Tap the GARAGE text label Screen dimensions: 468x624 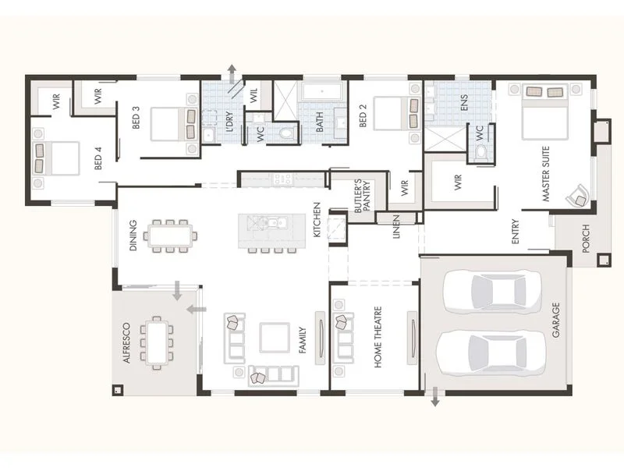[x=556, y=321]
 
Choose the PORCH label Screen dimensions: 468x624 [x=586, y=239]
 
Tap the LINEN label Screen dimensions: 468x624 [x=396, y=225]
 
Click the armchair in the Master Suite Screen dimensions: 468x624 [x=578, y=195]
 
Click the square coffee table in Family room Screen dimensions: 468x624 [x=275, y=338]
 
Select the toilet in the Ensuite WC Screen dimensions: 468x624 [x=480, y=151]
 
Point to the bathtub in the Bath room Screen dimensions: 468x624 [x=321, y=93]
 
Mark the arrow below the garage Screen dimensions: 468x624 [x=435, y=399]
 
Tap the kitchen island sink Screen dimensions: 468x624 [x=271, y=225]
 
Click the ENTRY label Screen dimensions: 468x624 [x=516, y=232]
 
